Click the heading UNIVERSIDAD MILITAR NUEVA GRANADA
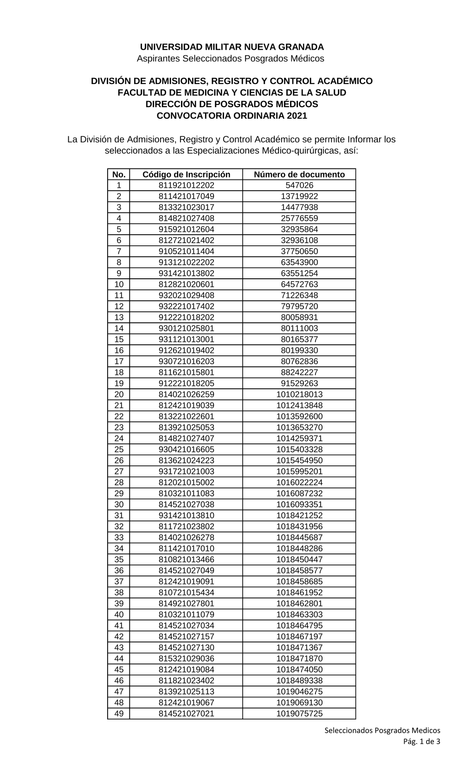[x=232, y=47]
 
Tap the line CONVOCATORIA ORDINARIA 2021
[x=232, y=116]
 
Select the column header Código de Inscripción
[x=186, y=174]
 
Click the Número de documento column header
[x=299, y=174]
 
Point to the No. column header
[x=119, y=174]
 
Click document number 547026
[x=299, y=185]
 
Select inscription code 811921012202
[x=186, y=185]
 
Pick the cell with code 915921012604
[x=186, y=229]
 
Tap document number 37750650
[x=299, y=251]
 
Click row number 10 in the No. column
[x=119, y=284]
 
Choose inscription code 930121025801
[x=186, y=328]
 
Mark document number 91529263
[x=299, y=383]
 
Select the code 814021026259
[x=186, y=394]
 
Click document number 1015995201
[x=299, y=471]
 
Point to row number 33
[x=119, y=538]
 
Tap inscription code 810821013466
[x=186, y=559]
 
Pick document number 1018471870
[x=299, y=659]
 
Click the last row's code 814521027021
[x=186, y=713]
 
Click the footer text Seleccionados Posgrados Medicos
[x=382, y=730]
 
